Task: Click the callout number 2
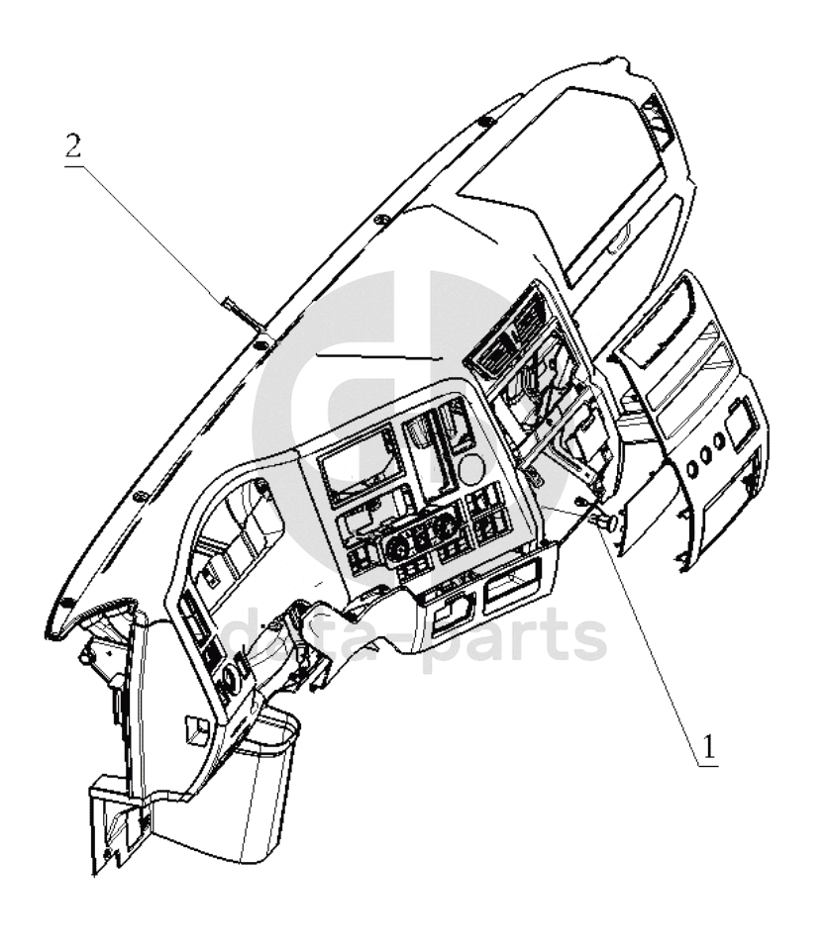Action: coord(72,145)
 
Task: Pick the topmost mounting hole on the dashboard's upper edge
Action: coord(485,122)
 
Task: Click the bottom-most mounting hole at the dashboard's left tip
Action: coord(63,604)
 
